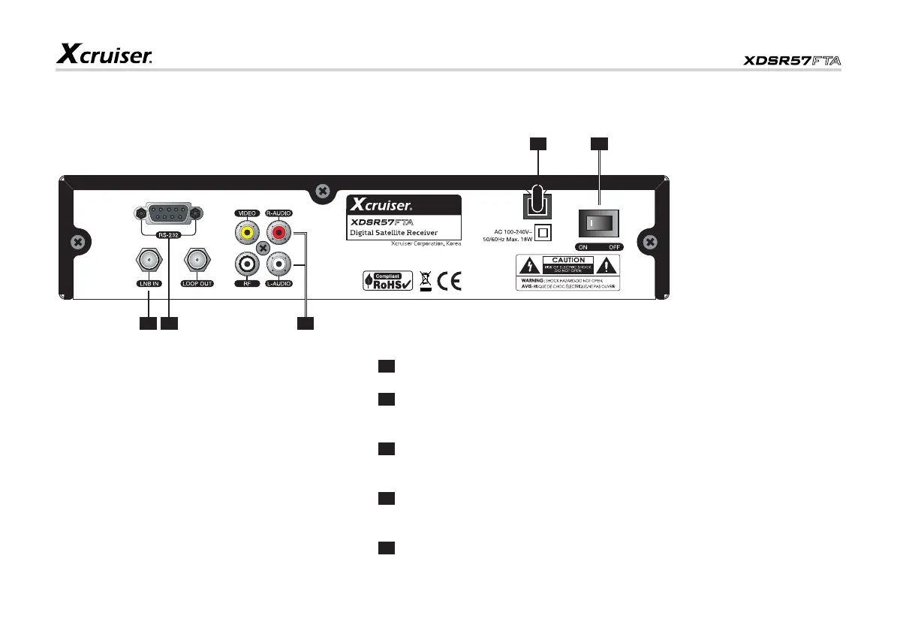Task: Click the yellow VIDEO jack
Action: [x=245, y=234]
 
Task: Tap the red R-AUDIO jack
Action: [x=278, y=234]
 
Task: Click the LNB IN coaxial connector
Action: [x=147, y=262]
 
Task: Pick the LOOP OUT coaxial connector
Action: [x=198, y=262]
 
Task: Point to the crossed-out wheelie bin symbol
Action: [x=425, y=281]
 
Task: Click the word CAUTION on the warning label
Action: [x=568, y=260]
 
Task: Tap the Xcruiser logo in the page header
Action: [x=105, y=53]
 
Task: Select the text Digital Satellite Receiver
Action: [x=394, y=233]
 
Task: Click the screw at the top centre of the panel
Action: [x=322, y=192]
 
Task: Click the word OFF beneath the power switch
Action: [x=614, y=247]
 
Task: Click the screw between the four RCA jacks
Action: [x=262, y=249]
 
